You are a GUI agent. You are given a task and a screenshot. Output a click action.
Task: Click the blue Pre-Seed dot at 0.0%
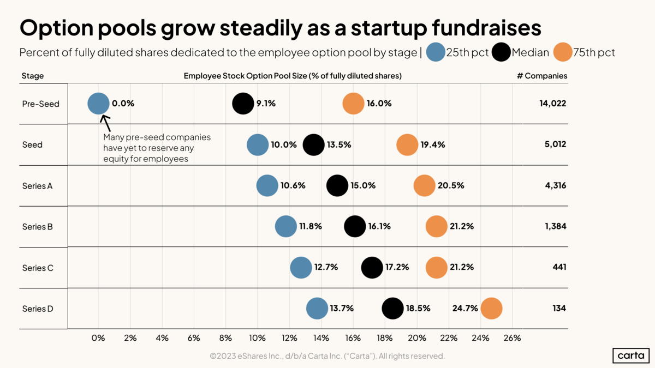98,103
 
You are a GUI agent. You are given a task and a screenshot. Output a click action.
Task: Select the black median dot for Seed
313,144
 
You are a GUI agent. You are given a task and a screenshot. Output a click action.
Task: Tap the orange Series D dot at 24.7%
491,308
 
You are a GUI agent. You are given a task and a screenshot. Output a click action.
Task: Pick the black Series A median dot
337,185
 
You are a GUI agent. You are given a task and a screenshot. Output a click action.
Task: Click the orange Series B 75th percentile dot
436,226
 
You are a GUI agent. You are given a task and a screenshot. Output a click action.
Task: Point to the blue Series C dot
301,267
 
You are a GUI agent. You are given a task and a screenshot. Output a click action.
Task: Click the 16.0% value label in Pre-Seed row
379,103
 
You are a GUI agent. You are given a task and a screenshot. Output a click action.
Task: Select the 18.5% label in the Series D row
418,308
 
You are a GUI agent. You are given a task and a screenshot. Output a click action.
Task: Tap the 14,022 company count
552,103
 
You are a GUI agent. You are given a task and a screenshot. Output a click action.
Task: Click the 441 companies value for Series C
559,267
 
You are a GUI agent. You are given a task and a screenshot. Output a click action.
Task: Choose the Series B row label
37,226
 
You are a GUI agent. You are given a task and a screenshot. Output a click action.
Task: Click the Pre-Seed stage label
40,104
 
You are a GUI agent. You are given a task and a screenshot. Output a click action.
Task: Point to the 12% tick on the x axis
289,338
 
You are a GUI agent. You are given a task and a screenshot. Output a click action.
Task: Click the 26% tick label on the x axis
512,338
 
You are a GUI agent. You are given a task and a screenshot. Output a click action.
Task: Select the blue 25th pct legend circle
436,52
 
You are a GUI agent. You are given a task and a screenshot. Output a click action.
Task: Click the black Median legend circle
501,52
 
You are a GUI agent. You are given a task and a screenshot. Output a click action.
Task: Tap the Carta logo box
630,355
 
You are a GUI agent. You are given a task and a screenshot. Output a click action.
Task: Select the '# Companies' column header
541,76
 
